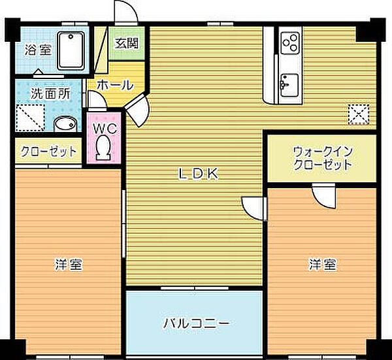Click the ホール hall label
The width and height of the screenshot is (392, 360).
(x=115, y=84)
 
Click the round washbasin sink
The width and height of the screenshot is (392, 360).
(x=64, y=123)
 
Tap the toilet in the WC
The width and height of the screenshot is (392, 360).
(x=103, y=147)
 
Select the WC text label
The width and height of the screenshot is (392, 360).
(x=103, y=128)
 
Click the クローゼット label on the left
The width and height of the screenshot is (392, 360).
(x=49, y=152)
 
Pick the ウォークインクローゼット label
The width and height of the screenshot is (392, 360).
(x=322, y=157)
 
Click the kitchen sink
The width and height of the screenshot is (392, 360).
(x=288, y=84)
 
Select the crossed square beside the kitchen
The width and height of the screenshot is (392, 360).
(x=357, y=114)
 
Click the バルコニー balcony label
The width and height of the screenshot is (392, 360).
(x=195, y=323)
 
